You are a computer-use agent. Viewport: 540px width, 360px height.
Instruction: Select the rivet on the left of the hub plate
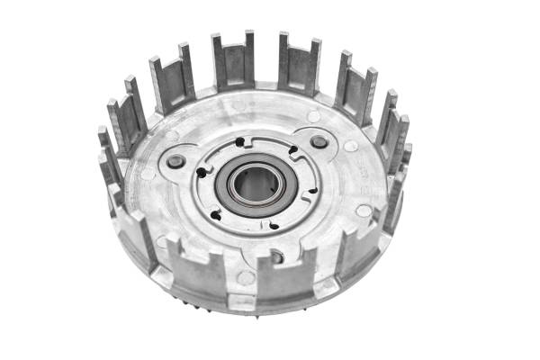pyautogui.click(x=176, y=162)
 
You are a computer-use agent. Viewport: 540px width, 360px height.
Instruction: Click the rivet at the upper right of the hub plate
pyautogui.click(x=319, y=142)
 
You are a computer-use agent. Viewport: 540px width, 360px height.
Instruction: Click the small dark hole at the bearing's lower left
pyautogui.click(x=217, y=214)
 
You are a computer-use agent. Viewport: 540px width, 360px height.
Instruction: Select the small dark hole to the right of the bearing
pyautogui.click(x=311, y=190)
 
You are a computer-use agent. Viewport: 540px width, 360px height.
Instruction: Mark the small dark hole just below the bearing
pyautogui.click(x=273, y=225)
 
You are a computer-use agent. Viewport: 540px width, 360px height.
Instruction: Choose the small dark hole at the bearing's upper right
pyautogui.click(x=293, y=149)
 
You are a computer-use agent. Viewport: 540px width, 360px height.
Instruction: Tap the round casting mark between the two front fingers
pyautogui.click(x=246, y=277)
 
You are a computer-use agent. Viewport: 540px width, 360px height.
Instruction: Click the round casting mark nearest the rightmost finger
pyautogui.click(x=364, y=211)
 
